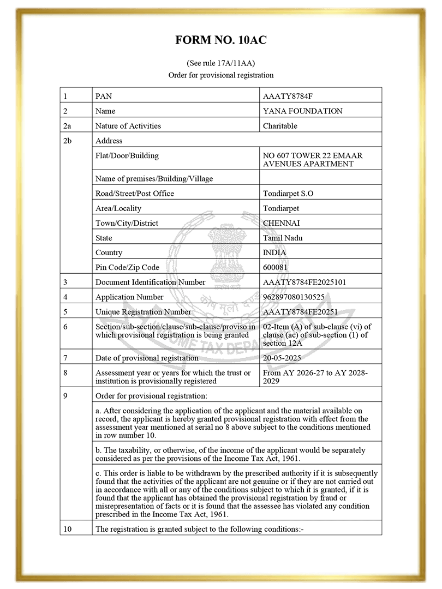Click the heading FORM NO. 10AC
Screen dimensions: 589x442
click(220, 40)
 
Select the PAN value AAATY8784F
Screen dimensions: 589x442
click(288, 97)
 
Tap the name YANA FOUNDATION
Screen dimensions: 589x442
click(302, 111)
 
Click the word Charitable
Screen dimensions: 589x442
click(280, 126)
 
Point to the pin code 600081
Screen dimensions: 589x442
click(276, 267)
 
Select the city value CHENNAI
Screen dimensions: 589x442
click(281, 223)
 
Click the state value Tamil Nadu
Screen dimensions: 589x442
click(283, 238)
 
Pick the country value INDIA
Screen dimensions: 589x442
click(274, 253)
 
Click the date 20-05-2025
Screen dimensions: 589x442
click(282, 358)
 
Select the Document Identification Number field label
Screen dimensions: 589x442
click(150, 283)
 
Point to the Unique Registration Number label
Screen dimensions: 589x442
click(143, 312)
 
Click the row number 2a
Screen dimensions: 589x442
click(67, 126)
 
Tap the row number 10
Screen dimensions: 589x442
click(67, 528)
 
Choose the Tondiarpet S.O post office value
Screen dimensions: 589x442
click(288, 194)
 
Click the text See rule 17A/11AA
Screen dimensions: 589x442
click(220, 63)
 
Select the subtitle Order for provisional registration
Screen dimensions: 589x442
click(220, 75)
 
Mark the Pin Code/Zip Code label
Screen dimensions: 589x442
click(127, 267)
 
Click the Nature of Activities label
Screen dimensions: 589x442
click(128, 126)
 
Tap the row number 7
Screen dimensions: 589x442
click(65, 358)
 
